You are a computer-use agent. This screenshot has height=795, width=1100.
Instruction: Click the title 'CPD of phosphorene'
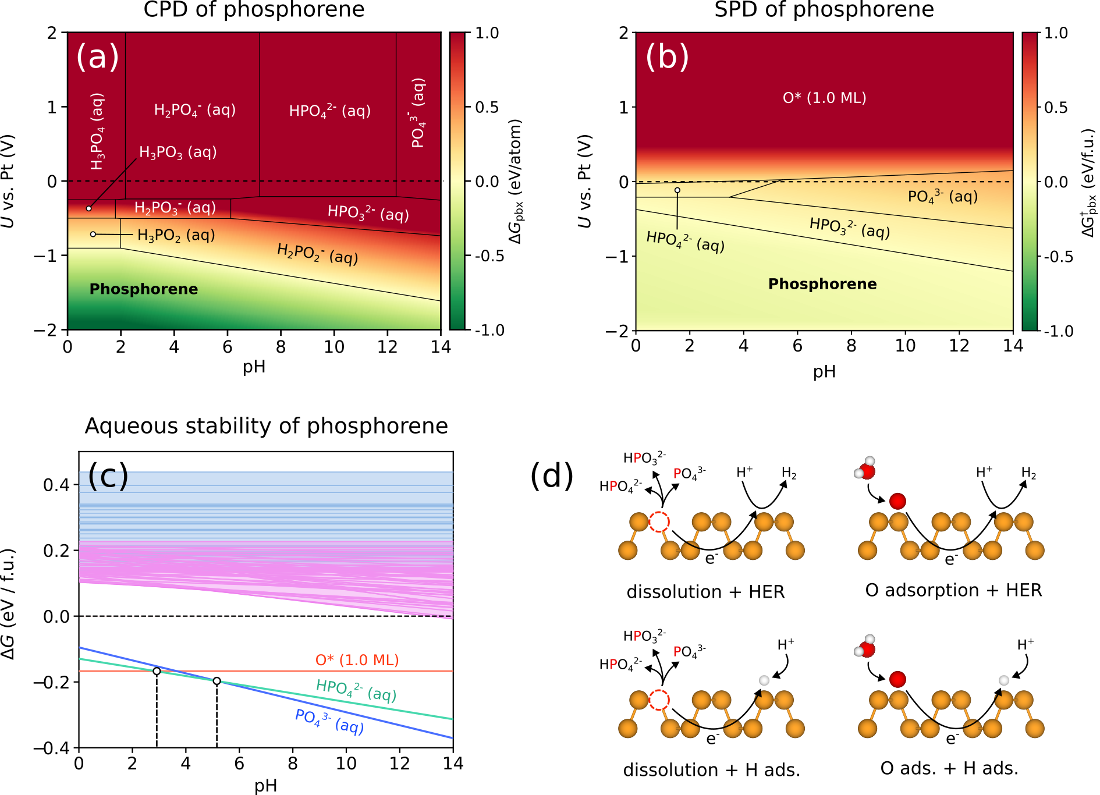(254, 10)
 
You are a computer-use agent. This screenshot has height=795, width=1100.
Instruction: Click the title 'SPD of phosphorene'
(824, 10)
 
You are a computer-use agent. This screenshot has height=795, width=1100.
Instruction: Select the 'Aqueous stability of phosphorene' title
(266, 426)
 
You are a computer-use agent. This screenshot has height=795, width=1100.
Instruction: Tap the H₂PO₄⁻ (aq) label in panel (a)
(194, 110)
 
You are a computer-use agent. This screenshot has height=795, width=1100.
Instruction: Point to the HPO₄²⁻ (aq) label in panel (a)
(329, 111)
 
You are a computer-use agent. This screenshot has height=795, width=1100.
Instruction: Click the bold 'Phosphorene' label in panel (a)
(143, 289)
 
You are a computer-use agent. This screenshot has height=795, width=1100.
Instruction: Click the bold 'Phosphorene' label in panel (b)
(822, 284)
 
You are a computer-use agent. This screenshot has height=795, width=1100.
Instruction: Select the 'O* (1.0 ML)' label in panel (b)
(824, 98)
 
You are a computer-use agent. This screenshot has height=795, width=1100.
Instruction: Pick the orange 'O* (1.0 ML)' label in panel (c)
(357, 660)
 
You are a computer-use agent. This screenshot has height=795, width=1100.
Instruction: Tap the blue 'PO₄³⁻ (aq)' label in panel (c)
(329, 722)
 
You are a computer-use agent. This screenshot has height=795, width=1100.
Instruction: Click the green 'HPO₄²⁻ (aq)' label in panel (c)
(356, 691)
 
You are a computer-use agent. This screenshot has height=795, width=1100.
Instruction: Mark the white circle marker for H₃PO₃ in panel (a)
(88, 208)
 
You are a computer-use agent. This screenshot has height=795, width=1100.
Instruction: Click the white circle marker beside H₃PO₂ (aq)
(93, 235)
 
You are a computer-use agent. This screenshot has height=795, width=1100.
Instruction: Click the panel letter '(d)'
(551, 475)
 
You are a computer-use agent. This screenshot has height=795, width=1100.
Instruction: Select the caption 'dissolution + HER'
(705, 592)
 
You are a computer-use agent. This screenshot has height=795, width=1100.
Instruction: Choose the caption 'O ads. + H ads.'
(949, 768)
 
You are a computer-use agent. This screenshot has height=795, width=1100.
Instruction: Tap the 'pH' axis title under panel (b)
(824, 371)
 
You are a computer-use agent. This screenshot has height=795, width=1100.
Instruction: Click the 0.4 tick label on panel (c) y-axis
(56, 485)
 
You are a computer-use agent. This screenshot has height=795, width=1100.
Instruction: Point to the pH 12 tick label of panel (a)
(387, 347)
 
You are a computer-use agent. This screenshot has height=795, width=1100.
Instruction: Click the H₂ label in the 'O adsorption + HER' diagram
(1028, 473)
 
